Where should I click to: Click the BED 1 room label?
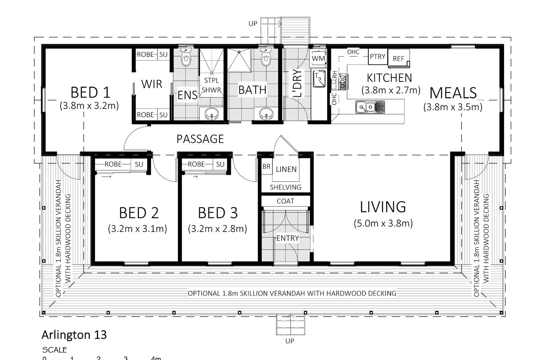click(x=90, y=93)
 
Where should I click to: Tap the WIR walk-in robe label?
click(x=152, y=84)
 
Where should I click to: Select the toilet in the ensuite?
click(x=185, y=57)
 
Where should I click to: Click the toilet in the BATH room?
click(x=265, y=57)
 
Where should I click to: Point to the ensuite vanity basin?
click(x=212, y=113)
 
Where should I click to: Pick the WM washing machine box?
click(x=318, y=58)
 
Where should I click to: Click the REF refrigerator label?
click(x=399, y=59)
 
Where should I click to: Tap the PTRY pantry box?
click(x=377, y=57)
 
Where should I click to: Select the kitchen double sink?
click(x=370, y=107)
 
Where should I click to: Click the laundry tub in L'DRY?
click(x=319, y=79)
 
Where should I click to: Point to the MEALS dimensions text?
click(x=453, y=107)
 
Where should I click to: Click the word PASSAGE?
click(x=200, y=139)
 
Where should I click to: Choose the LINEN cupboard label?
click(x=286, y=170)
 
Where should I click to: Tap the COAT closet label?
click(x=285, y=201)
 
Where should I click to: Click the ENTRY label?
click(x=288, y=239)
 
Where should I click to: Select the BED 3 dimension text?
click(x=218, y=229)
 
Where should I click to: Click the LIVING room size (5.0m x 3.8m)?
click(x=383, y=223)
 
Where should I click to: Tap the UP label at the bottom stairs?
click(x=290, y=341)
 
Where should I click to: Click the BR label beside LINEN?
click(x=266, y=166)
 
